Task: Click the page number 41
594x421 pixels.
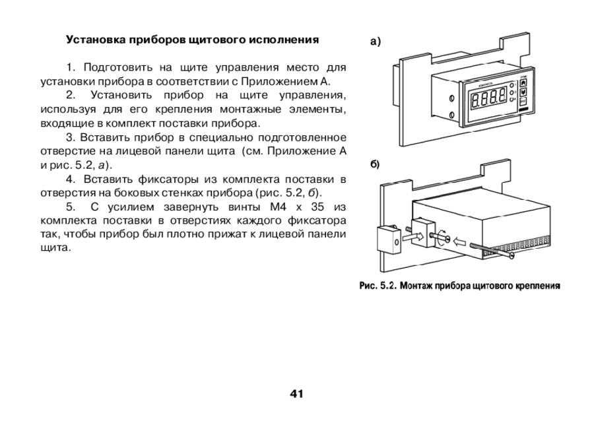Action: click(296, 394)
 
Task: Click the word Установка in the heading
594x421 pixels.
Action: click(96, 40)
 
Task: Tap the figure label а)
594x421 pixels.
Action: click(375, 41)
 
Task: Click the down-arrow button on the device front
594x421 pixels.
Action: click(523, 92)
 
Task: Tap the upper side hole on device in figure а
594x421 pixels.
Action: click(451, 99)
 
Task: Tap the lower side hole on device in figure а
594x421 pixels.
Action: click(452, 115)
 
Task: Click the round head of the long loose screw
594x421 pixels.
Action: click(512, 256)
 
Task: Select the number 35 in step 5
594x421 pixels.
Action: click(317, 207)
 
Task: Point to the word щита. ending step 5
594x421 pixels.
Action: click(55, 248)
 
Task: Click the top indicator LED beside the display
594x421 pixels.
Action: click(512, 86)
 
